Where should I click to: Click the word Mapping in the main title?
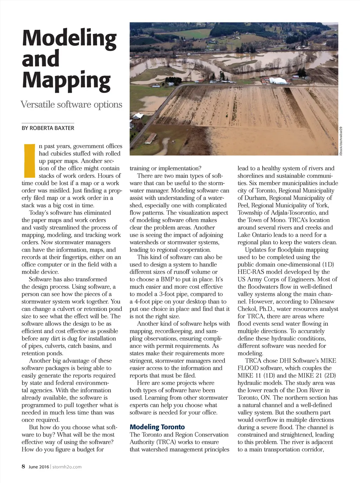(x=66, y=80)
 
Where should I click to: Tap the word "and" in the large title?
(x=40, y=58)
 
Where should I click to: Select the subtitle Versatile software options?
(x=71, y=104)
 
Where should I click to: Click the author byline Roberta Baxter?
(x=48, y=128)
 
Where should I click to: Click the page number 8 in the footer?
(x=23, y=466)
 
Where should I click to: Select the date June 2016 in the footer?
(x=39, y=467)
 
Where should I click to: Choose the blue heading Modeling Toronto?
(x=157, y=427)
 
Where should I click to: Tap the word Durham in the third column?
(x=253, y=198)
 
